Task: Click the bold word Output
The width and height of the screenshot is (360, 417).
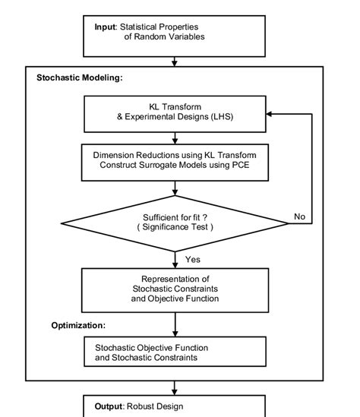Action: point(110,406)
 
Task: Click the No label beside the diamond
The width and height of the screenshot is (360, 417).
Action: point(300,217)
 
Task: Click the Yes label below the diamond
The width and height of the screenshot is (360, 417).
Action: point(193,260)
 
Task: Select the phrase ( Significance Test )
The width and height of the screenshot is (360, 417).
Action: point(174,229)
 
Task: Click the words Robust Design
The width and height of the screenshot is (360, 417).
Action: point(159,406)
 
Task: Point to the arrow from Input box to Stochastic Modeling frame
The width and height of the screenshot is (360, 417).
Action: point(175,61)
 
